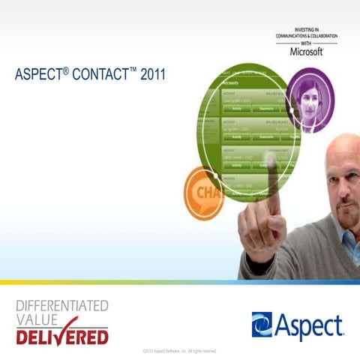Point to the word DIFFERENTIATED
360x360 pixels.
(x=62, y=305)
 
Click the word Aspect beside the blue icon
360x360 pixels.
(x=308, y=325)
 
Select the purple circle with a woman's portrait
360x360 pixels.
(x=310, y=100)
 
